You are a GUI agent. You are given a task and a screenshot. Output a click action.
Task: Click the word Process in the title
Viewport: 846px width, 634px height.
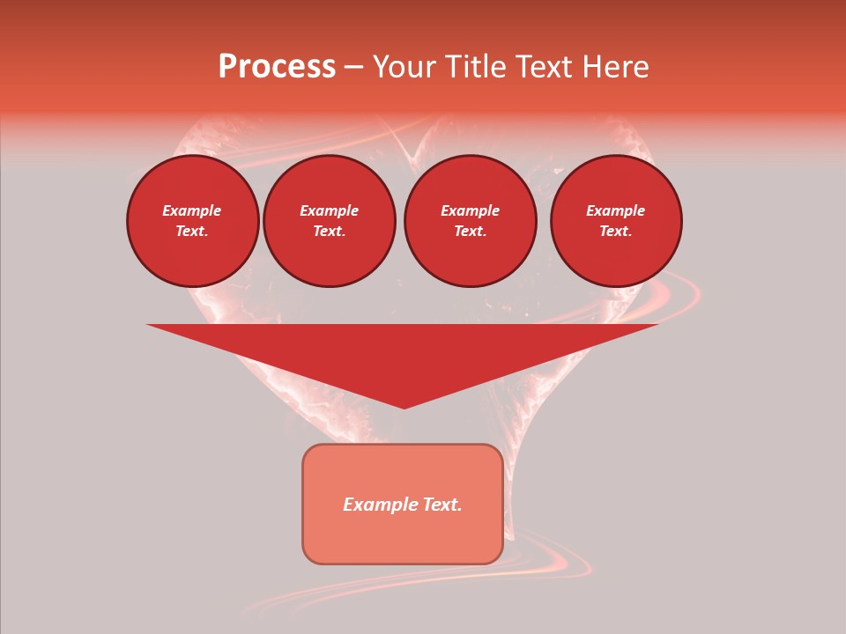(x=277, y=67)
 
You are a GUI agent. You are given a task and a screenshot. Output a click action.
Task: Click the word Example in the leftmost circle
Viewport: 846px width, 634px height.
(x=192, y=210)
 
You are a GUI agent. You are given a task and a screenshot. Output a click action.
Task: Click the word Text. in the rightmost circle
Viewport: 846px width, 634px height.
(x=615, y=232)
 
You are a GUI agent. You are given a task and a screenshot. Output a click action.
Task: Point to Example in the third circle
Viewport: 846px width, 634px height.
(x=470, y=210)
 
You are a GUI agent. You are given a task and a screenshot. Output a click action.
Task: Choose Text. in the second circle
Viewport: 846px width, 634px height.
(x=329, y=232)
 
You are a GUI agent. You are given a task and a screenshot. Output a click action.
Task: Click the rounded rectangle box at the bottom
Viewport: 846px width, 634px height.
(x=403, y=537)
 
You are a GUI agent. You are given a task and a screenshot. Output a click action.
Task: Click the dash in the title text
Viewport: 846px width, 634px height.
(x=353, y=68)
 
